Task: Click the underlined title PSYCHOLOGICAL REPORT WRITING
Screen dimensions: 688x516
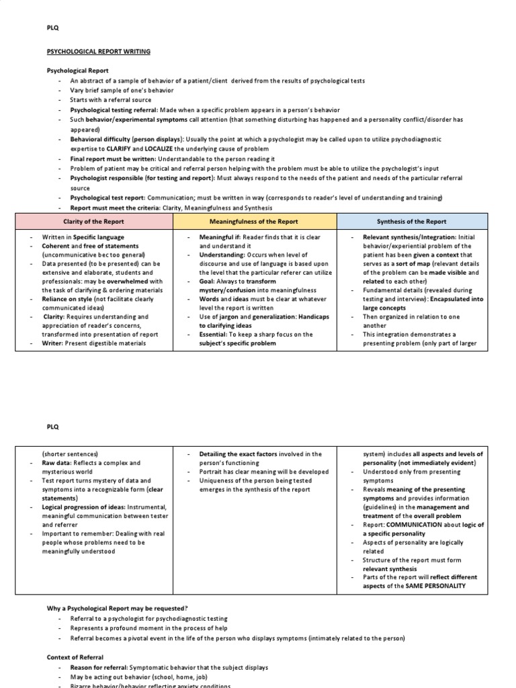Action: pyautogui.click(x=98, y=51)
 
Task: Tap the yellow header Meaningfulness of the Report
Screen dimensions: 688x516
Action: pyautogui.click(x=254, y=221)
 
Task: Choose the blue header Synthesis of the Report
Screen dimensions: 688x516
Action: pyautogui.click(x=412, y=221)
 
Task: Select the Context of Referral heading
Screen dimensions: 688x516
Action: pyautogui.click(x=75, y=656)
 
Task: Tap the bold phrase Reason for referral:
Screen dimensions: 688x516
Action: pyautogui.click(x=99, y=668)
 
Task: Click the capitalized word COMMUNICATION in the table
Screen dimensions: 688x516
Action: pyautogui.click(x=415, y=525)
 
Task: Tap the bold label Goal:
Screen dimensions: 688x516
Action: pyautogui.click(x=208, y=282)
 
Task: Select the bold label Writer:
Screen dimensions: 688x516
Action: pyautogui.click(x=55, y=343)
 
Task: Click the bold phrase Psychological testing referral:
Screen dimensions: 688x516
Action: pyautogui.click(x=114, y=110)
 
